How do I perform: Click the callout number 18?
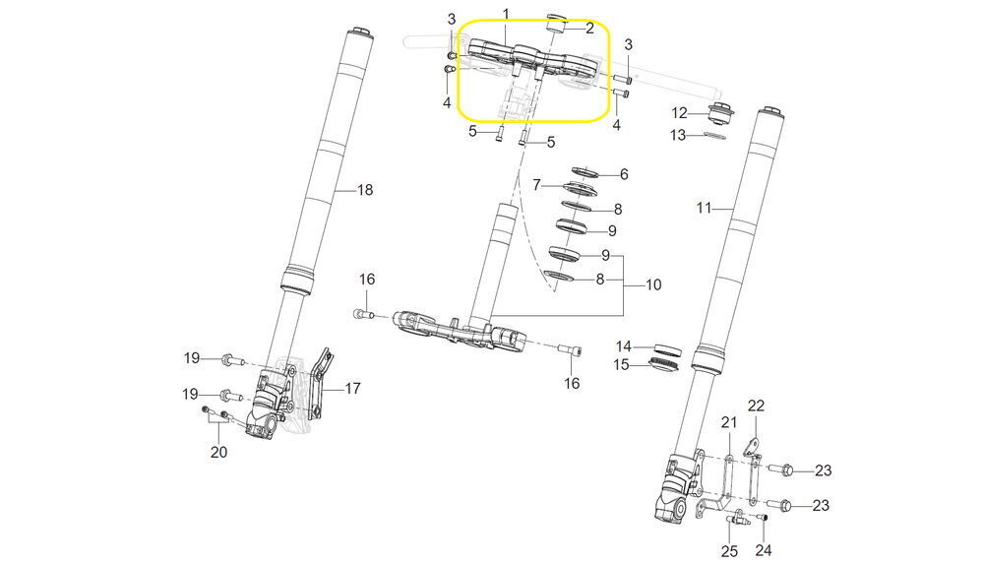tap(365, 189)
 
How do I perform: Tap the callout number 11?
tap(705, 208)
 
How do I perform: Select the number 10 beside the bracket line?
tap(653, 284)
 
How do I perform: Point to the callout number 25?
tap(729, 551)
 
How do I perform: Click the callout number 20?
tap(218, 452)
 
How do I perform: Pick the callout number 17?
tap(352, 389)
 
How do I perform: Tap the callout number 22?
tap(756, 406)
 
